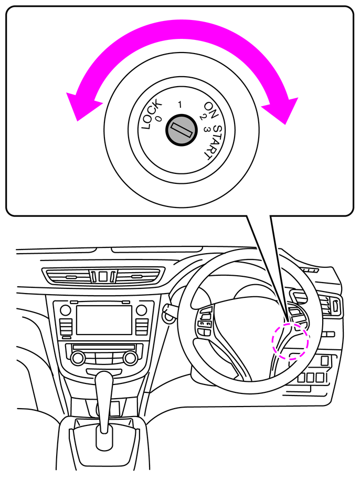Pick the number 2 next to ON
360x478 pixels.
coord(202,118)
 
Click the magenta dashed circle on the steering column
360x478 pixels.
coord(290,340)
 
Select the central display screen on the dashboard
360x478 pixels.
coord(103,320)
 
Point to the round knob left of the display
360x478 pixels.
coord(65,310)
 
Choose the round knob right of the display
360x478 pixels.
coord(142,310)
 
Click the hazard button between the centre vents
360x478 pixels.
coord(103,276)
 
